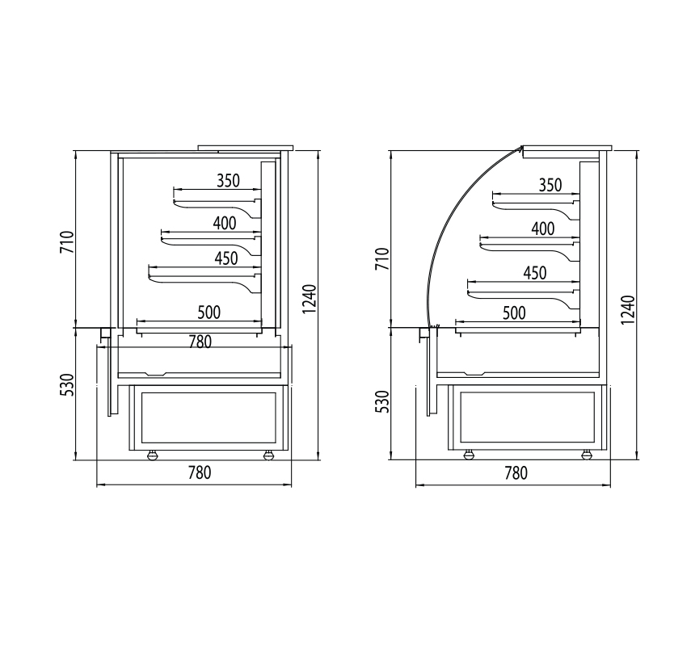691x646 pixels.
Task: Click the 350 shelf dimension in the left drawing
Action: (228, 181)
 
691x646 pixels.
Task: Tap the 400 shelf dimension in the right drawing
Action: (543, 229)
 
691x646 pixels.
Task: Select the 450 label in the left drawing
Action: (226, 258)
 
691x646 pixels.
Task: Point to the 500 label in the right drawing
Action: (514, 313)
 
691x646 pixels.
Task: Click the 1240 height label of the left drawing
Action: (310, 300)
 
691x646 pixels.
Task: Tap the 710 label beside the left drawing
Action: (67, 241)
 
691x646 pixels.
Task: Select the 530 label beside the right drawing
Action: (382, 401)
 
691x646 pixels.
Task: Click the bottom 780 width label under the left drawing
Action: (200, 472)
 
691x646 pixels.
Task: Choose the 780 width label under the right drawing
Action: (516, 473)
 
